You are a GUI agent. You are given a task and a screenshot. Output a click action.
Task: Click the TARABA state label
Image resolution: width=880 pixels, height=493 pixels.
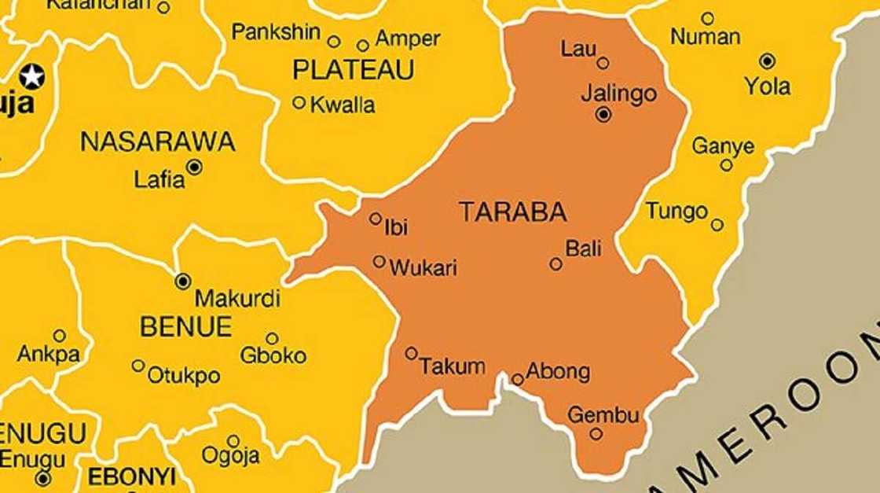tap(512, 212)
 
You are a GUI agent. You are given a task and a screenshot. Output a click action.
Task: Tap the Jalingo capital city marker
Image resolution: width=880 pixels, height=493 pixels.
tap(603, 115)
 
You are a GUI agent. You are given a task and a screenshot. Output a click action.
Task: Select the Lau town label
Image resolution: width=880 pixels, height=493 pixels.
tap(577, 49)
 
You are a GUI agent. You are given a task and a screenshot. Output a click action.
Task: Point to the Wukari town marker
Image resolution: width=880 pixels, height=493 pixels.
tap(379, 261)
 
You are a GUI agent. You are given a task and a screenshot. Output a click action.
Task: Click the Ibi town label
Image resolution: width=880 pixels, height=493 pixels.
tap(396, 228)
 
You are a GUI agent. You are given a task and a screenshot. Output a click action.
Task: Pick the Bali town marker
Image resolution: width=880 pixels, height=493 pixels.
tap(555, 264)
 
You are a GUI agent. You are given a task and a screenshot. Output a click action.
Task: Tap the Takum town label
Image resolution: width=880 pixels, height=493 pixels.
tap(452, 366)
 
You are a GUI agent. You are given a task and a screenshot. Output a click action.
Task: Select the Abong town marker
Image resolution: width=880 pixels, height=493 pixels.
tap(517, 380)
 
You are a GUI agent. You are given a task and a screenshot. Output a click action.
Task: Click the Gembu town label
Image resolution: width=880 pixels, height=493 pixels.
tap(603, 414)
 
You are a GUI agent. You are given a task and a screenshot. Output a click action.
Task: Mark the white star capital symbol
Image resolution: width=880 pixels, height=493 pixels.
tap(31, 76)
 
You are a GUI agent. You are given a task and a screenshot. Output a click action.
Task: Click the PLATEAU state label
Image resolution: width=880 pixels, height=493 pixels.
tap(353, 71)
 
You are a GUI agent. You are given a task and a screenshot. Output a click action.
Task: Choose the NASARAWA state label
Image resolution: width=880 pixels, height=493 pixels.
tap(157, 142)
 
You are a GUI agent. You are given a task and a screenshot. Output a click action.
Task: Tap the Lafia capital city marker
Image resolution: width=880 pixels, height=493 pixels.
tap(194, 167)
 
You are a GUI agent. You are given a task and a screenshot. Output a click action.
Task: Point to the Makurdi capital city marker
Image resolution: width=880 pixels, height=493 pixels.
tap(183, 281)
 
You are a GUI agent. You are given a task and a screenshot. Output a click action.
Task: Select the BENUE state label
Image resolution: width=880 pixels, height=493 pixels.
tap(185, 327)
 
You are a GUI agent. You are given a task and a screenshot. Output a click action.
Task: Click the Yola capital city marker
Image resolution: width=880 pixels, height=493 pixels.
tap(767, 61)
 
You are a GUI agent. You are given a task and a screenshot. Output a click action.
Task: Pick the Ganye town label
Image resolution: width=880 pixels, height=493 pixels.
tap(723, 146)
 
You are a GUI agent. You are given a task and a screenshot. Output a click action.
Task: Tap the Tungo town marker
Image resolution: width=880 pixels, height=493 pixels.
tap(717, 225)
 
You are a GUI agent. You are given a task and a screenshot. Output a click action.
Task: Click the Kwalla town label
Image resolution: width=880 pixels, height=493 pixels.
tap(343, 105)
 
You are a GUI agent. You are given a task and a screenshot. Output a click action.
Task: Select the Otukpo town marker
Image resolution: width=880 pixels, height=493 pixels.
tap(138, 366)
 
